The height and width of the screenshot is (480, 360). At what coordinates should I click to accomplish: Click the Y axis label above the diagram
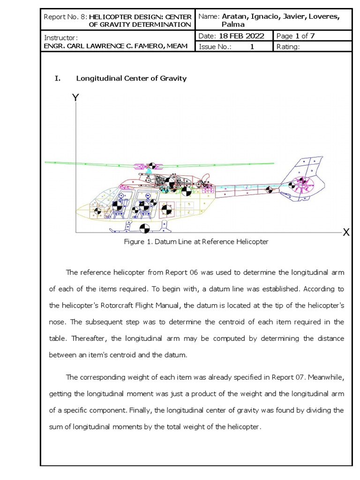coord(75,97)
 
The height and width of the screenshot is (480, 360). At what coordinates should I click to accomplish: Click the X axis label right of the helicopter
coord(346,232)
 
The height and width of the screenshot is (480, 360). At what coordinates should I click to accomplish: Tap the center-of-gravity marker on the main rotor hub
coord(151,166)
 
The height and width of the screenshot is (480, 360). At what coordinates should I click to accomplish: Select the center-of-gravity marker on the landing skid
coord(144,228)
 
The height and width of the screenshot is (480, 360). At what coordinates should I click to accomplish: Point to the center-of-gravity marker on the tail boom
coord(269,190)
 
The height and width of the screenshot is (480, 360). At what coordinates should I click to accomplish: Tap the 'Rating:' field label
coord(288,46)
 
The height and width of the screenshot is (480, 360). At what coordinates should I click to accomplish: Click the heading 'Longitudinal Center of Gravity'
coord(131,78)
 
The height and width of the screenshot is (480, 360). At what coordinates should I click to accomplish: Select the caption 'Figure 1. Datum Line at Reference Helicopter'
coord(196,242)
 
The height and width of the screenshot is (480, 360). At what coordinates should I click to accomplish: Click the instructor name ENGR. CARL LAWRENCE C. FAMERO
coord(116,45)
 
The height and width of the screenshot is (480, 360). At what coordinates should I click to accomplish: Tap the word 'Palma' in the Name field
coord(233,24)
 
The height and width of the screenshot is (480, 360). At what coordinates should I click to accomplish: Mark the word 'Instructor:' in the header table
coord(60,37)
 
